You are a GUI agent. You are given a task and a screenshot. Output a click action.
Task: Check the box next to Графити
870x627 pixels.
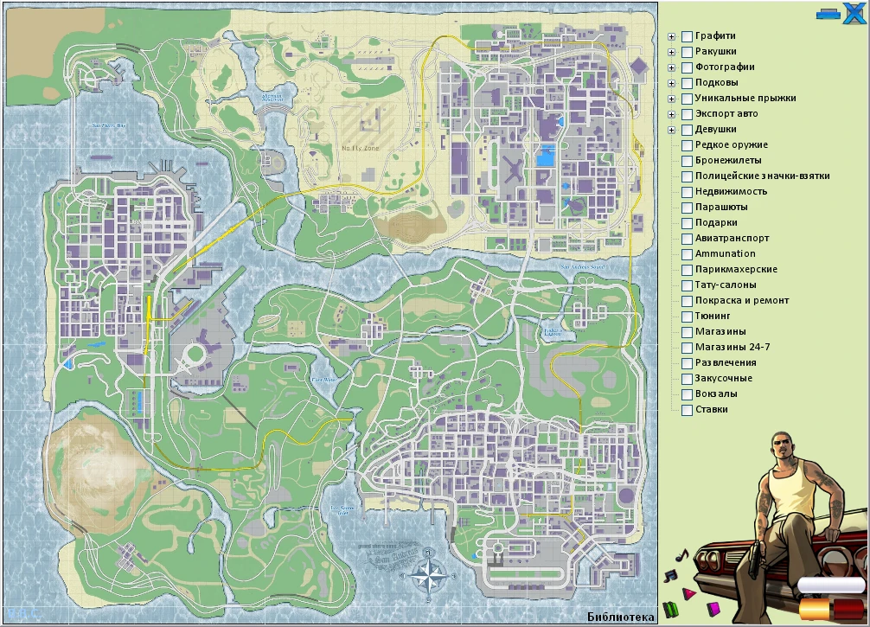tap(687, 36)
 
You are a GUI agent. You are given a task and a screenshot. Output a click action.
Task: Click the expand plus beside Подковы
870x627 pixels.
tap(671, 83)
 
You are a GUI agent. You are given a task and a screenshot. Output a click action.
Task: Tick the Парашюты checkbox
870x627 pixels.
tap(687, 208)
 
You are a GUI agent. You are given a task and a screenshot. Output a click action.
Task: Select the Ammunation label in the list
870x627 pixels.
tap(725, 254)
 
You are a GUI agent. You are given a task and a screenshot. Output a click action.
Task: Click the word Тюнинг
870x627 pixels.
tap(713, 317)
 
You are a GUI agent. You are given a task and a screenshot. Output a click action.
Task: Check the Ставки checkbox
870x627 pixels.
tap(687, 410)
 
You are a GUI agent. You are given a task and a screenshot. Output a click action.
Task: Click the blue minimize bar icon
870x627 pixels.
tap(828, 14)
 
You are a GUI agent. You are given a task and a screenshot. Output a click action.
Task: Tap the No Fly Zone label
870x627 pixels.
tap(360, 148)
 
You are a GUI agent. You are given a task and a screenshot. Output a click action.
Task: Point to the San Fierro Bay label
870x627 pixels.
tap(110, 126)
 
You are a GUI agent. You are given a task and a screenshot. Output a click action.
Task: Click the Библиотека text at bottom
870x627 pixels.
tap(620, 617)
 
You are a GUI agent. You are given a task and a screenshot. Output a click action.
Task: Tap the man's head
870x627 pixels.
tap(784, 445)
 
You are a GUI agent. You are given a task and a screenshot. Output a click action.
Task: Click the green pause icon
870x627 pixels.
tap(669, 608)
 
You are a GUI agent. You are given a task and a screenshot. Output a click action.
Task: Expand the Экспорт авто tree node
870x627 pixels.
tap(671, 114)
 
